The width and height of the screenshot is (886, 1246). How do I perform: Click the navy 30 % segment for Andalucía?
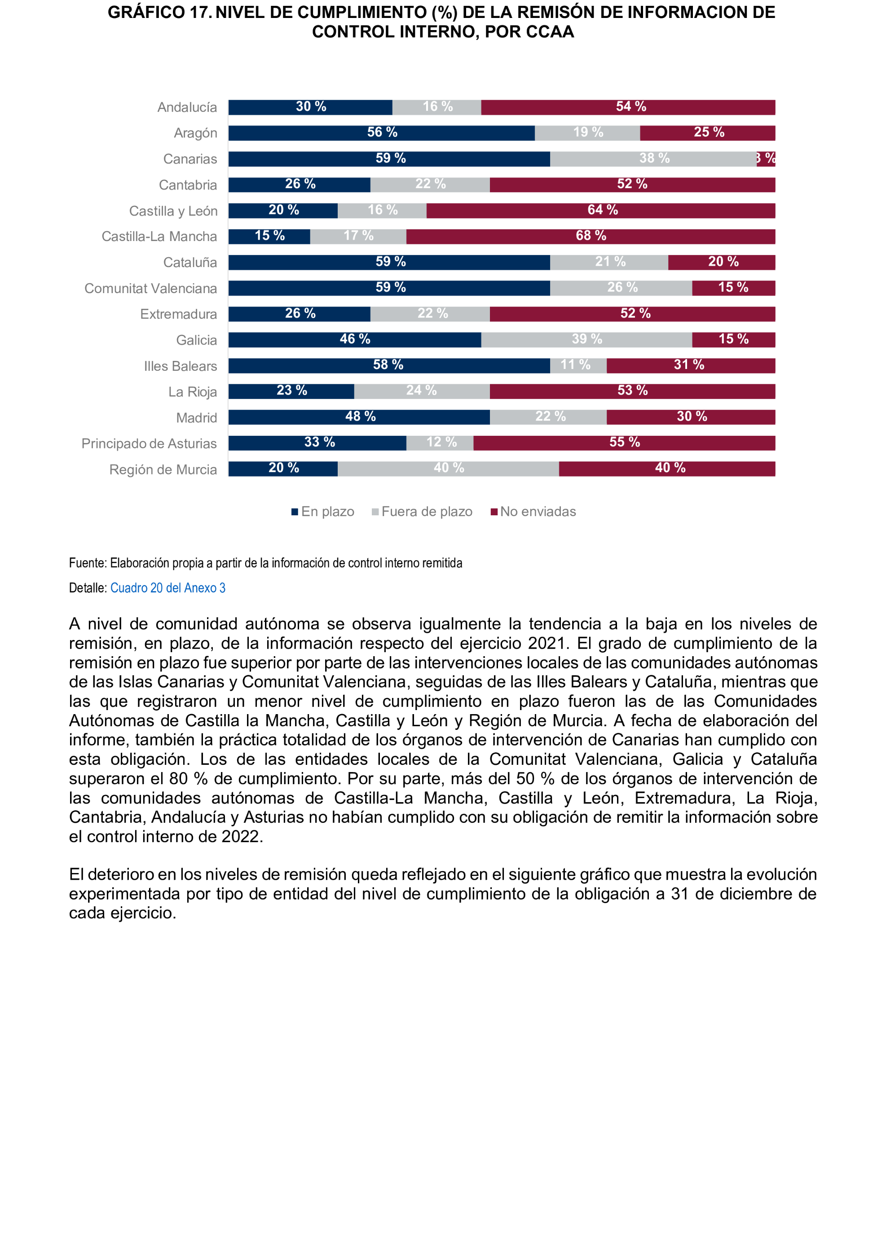pyautogui.click(x=310, y=107)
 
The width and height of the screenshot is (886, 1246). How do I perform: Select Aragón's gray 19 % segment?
pyautogui.click(x=587, y=133)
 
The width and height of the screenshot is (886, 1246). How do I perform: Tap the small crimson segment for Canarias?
pyautogui.click(x=766, y=159)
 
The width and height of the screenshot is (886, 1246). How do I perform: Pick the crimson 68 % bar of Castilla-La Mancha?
pyautogui.click(x=591, y=237)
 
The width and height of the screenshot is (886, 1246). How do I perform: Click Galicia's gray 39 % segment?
pyautogui.click(x=586, y=340)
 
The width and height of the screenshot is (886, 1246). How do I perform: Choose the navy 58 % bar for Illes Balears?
pyautogui.click(x=388, y=365)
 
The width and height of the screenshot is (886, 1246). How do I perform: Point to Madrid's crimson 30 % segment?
pyautogui.click(x=691, y=417)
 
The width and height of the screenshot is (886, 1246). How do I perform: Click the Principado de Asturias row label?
pyautogui.click(x=149, y=444)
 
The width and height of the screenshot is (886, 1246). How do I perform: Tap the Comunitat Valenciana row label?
pyautogui.click(x=150, y=289)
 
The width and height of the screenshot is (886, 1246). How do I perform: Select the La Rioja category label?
pyautogui.click(x=192, y=392)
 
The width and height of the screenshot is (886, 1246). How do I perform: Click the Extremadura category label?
pyautogui.click(x=178, y=314)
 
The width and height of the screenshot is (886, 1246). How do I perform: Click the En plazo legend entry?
pyautogui.click(x=323, y=512)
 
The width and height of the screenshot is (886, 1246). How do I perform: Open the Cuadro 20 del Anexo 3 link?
pyautogui.click(x=168, y=588)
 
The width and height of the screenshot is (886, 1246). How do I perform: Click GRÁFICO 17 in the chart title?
pyautogui.click(x=159, y=13)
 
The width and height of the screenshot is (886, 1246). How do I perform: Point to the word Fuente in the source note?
pyautogui.click(x=87, y=563)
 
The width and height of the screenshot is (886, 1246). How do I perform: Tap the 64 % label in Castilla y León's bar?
pyautogui.click(x=602, y=210)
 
